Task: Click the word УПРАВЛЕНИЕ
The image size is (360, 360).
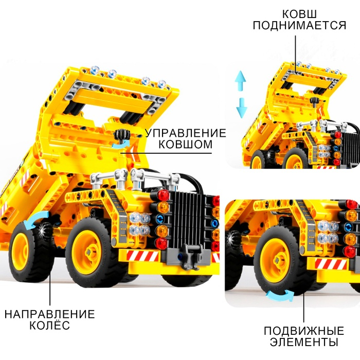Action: [x=186, y=133]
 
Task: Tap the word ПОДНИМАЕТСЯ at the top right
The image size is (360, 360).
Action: [x=299, y=25]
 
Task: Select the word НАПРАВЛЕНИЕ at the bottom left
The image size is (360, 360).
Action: [x=49, y=314]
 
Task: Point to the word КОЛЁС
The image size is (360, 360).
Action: [x=49, y=326]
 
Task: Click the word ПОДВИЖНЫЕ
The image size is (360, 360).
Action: [x=304, y=331]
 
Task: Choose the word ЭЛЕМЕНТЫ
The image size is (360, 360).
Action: [x=304, y=342]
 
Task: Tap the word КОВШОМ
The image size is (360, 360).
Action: [x=186, y=145]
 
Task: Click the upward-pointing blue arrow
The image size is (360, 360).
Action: [x=240, y=80]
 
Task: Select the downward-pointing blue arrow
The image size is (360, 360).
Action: [x=241, y=108]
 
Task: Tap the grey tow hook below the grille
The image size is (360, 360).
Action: [x=191, y=256]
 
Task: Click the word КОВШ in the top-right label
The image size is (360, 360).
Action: [x=299, y=14]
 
